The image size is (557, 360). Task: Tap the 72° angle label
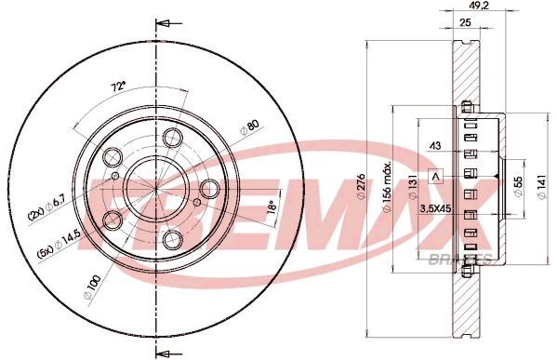pos(118,86)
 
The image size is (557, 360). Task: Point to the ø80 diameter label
pos(249,128)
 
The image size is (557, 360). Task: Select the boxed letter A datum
pos(433,175)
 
